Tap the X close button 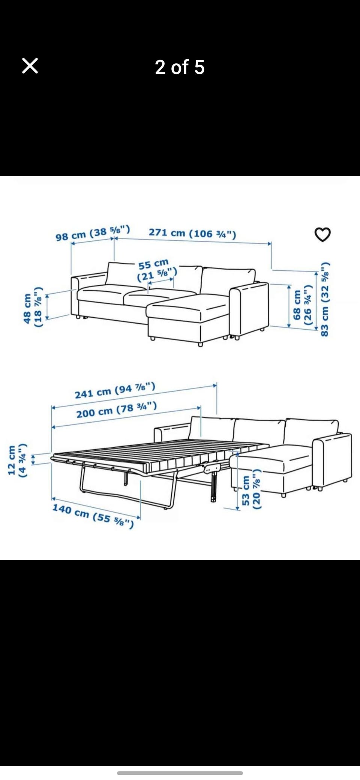30,66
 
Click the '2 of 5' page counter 180,67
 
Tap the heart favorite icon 322,235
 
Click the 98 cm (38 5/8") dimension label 93,233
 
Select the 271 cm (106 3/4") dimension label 192,233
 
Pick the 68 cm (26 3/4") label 302,305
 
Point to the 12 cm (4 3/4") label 17,460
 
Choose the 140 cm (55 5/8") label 93,516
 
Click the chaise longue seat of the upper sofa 187,306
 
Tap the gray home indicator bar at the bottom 180,773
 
